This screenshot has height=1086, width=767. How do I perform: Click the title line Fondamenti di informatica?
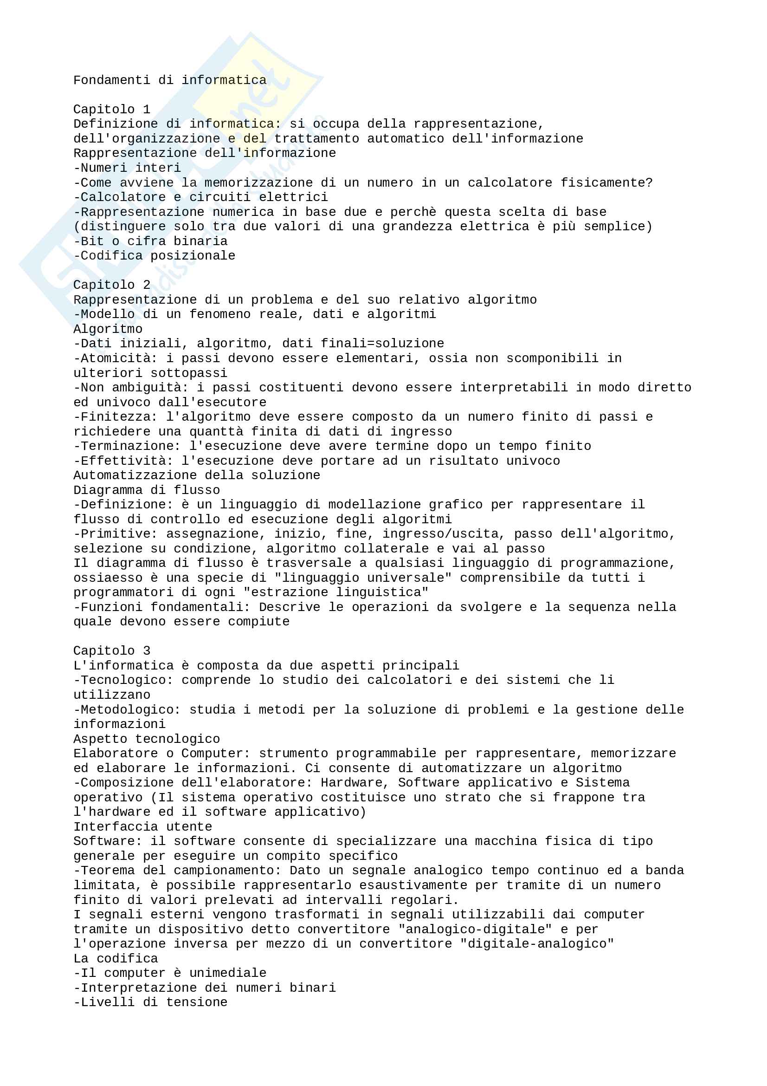(170, 80)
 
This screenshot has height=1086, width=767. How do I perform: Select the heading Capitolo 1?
(111, 109)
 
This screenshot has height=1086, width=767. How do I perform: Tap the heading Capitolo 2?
(111, 285)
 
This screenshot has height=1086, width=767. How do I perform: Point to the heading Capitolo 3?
(111, 650)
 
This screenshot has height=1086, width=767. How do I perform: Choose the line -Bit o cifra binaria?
(150, 241)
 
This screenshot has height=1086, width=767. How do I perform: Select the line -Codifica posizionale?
(154, 255)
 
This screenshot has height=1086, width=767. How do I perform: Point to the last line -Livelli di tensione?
(150, 1002)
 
